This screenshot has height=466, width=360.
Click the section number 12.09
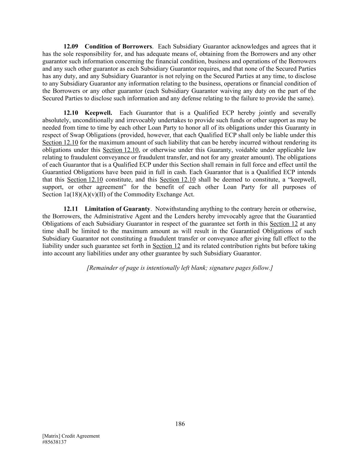71,46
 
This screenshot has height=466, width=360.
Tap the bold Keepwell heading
98,113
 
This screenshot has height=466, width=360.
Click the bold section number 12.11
71,209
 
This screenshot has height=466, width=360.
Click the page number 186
180,424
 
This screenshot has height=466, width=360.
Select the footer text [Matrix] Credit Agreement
71,436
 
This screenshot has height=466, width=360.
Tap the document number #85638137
54,442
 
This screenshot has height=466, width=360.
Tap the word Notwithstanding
175,209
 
